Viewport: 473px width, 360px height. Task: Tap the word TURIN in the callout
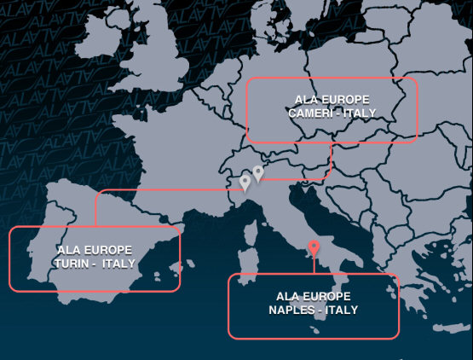[x=72, y=263]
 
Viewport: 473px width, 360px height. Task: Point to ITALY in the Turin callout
[x=118, y=263]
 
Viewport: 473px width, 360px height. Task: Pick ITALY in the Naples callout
[x=338, y=309]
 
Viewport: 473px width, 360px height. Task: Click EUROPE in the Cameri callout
[x=344, y=100]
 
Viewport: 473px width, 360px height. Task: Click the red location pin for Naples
[x=314, y=248]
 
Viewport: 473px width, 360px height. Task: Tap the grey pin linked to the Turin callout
[x=245, y=182]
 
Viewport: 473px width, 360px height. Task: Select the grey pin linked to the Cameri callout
[x=258, y=173]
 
